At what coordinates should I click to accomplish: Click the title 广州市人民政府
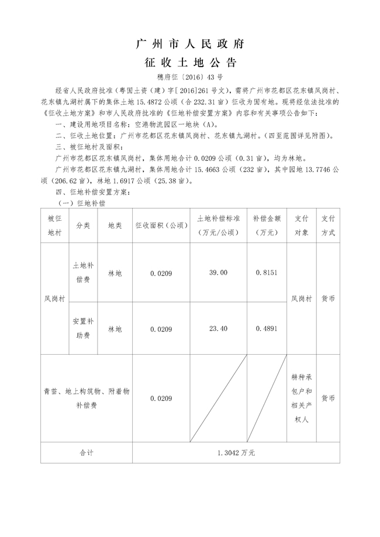pos(189,44)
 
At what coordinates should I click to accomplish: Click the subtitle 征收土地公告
pos(189,63)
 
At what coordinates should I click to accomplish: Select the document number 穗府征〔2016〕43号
pos(189,77)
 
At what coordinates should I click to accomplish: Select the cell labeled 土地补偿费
pos(82,273)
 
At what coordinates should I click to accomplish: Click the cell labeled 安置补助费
pos(82,330)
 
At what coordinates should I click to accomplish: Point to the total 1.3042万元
pos(237,452)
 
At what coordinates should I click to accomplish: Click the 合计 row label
pos(86,452)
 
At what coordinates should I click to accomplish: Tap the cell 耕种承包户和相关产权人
pos(301,399)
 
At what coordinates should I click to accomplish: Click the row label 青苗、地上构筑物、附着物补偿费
pos(86,399)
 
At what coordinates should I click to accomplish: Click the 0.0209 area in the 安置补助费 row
pos(161,330)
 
